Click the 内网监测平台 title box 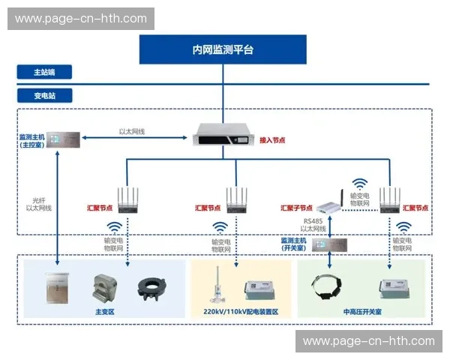tap(223, 49)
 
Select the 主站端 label tap(44, 72)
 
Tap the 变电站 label tap(44, 96)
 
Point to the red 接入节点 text tap(273, 139)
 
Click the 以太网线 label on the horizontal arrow tap(132, 131)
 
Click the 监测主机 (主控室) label tap(32, 141)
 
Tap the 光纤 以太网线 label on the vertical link tap(41, 203)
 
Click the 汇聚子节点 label tap(296, 208)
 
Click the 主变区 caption tap(104, 310)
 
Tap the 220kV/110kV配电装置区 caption tap(241, 310)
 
